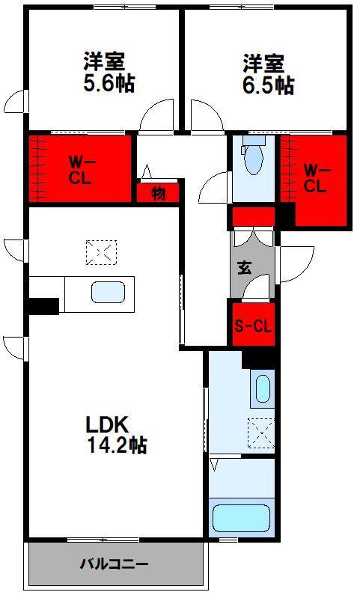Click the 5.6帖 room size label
click(x=109, y=84)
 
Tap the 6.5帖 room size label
click(x=268, y=85)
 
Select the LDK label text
click(x=108, y=425)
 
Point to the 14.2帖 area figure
click(x=118, y=445)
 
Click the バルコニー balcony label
click(x=114, y=564)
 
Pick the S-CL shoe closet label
click(x=253, y=326)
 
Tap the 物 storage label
click(x=159, y=194)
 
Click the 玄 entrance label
click(x=245, y=268)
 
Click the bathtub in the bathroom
click(x=241, y=518)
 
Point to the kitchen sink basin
click(x=108, y=293)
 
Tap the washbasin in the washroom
click(x=263, y=389)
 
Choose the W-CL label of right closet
click(x=317, y=180)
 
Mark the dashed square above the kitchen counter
click(x=101, y=252)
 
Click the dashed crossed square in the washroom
click(x=260, y=433)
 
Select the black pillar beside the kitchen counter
click(x=43, y=307)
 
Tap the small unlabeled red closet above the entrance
click(x=253, y=216)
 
